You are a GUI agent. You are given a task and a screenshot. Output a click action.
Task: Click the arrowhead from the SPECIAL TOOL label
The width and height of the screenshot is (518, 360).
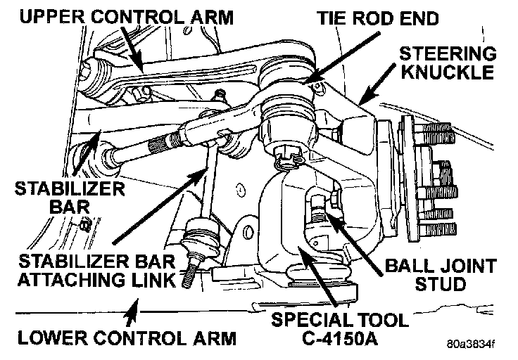tap(298, 250)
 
